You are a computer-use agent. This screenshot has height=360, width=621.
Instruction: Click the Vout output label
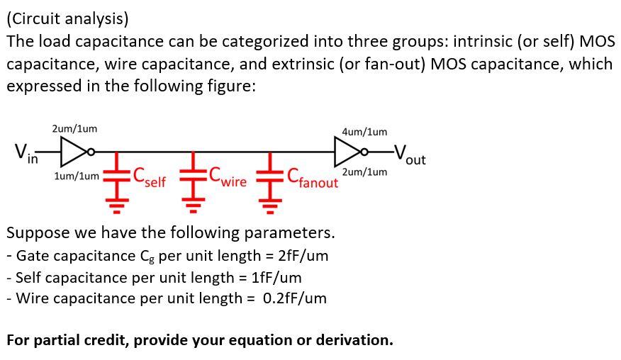click(x=410, y=154)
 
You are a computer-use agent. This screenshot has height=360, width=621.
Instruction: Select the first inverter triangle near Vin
click(x=72, y=150)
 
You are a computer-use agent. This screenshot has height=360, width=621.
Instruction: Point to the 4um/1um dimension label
click(x=364, y=132)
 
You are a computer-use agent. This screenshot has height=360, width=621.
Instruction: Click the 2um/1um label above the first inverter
click(x=74, y=129)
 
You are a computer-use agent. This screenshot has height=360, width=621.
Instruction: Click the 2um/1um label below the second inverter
click(x=364, y=172)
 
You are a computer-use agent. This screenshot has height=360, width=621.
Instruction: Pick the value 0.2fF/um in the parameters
click(x=294, y=298)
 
